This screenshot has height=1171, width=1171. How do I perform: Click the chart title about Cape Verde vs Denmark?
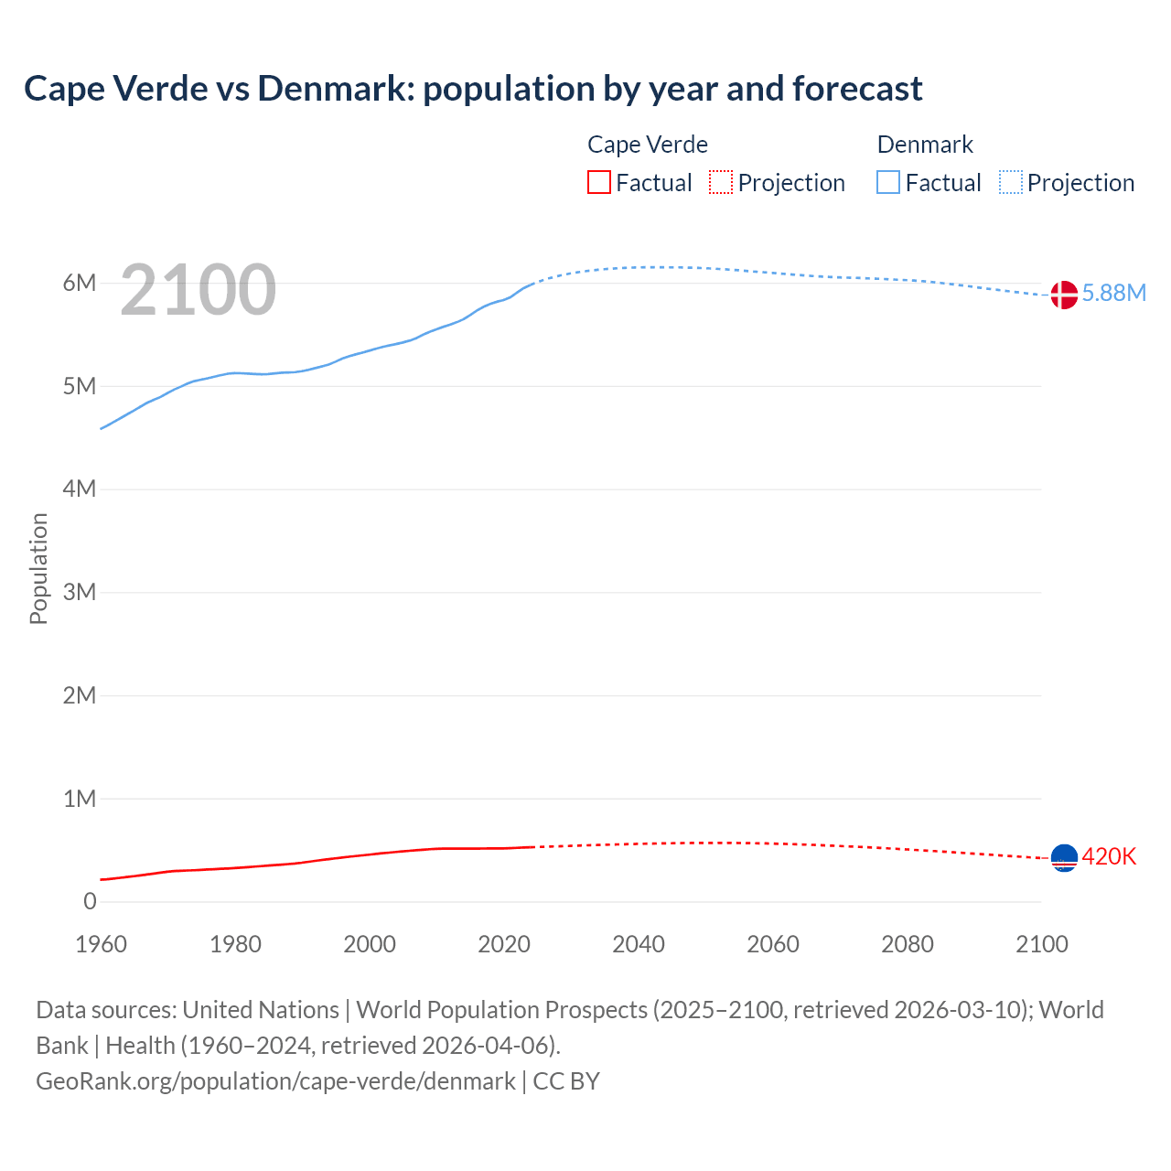(x=473, y=89)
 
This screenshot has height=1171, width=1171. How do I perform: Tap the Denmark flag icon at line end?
(x=1064, y=295)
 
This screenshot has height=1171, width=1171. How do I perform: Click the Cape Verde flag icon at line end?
(x=1064, y=857)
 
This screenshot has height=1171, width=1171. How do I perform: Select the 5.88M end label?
(x=1113, y=293)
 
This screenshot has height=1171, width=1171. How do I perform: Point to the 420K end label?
(x=1109, y=856)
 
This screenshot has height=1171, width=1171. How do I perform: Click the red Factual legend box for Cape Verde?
(x=599, y=183)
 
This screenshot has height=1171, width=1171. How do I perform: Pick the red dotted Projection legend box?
(x=721, y=183)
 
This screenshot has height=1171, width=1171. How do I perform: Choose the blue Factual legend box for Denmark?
(x=888, y=183)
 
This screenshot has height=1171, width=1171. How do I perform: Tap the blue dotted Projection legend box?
(x=1011, y=183)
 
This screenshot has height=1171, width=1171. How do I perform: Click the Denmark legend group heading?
(x=925, y=145)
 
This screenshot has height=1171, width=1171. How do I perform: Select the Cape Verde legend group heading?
(x=648, y=145)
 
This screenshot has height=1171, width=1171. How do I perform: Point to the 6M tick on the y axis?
(x=80, y=283)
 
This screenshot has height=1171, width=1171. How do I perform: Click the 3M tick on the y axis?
(x=80, y=592)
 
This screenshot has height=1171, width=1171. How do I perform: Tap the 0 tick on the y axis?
(x=90, y=901)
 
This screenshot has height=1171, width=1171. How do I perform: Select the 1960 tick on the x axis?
(x=101, y=944)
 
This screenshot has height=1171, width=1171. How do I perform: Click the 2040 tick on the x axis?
(x=639, y=944)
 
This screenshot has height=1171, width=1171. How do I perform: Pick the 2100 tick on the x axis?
(x=1042, y=944)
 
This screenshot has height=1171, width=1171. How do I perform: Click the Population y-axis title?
(x=38, y=568)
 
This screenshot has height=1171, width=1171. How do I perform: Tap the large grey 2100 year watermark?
(x=198, y=290)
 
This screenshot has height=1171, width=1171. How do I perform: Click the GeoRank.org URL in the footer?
(x=275, y=1081)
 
